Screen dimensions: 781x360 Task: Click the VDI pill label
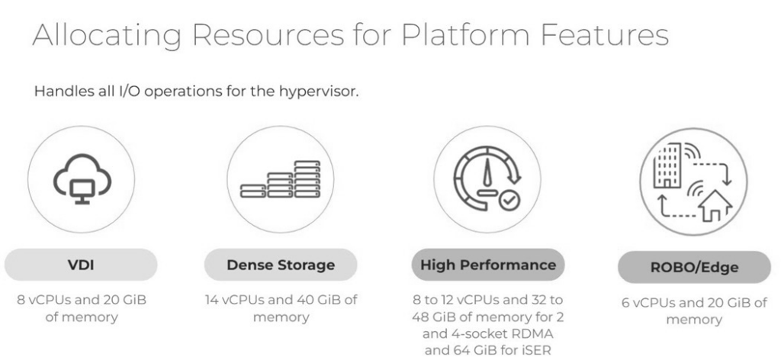click(81, 265)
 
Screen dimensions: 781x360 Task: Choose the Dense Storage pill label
click(281, 265)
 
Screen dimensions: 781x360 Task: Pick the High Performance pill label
click(487, 265)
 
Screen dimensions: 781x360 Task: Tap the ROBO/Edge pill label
click(694, 268)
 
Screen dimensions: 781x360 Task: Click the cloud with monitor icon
click(82, 178)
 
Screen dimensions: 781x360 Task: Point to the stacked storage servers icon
click(281, 179)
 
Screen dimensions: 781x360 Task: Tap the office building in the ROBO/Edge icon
click(667, 166)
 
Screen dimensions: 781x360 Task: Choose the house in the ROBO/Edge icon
click(714, 205)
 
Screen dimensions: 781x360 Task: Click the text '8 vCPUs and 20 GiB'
click(82, 301)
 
